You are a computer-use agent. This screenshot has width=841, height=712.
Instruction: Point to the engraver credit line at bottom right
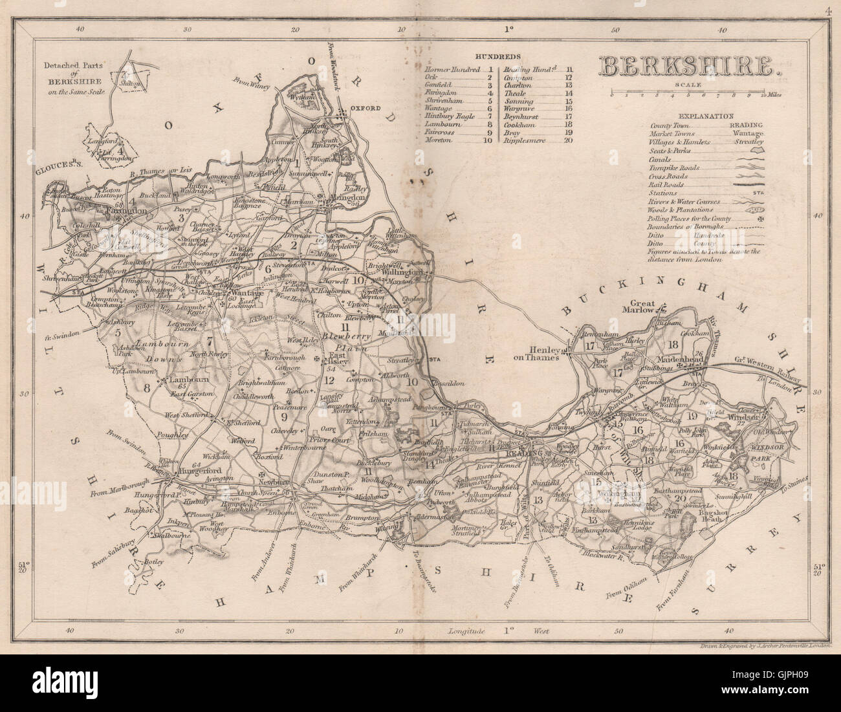768,646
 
